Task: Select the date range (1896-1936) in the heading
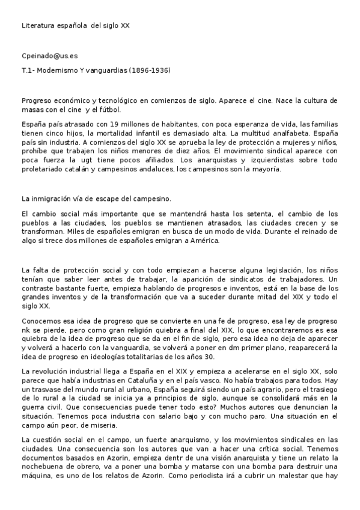coord(145,70)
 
